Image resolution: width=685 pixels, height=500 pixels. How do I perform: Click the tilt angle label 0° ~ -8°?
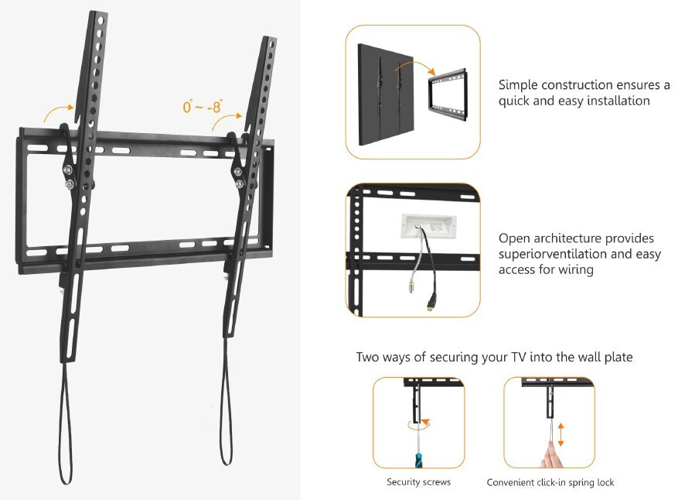[203, 106]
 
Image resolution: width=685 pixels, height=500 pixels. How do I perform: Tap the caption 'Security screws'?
[418, 482]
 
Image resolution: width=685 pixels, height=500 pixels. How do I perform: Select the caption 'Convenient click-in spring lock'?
[550, 482]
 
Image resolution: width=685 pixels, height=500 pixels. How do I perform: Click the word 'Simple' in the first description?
[519, 85]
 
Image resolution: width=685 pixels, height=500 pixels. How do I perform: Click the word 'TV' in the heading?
[519, 357]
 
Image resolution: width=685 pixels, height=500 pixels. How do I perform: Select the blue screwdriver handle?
[419, 461]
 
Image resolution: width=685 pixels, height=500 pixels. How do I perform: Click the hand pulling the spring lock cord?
[552, 455]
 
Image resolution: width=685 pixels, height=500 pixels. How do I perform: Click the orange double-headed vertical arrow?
[561, 434]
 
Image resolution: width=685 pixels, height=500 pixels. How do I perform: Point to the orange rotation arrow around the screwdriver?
[418, 424]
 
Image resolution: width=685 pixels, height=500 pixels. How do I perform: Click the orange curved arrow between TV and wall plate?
[415, 64]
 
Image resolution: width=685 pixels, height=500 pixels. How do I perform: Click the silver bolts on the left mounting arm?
[68, 176]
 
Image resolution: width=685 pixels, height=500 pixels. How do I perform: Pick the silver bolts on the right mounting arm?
[239, 177]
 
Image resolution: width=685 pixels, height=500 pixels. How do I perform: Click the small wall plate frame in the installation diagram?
[448, 94]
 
